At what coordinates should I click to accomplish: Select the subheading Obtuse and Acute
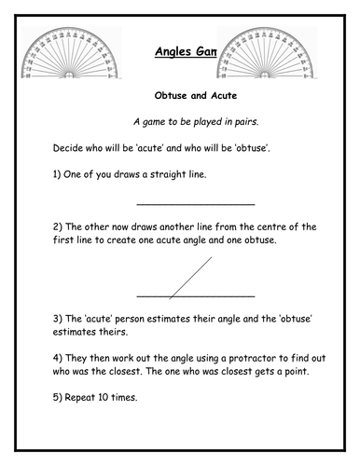click(179, 94)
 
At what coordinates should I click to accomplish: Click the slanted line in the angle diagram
click(190, 278)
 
